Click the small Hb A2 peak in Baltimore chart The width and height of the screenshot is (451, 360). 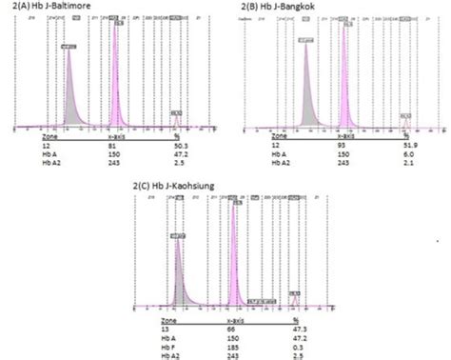point(176,120)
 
